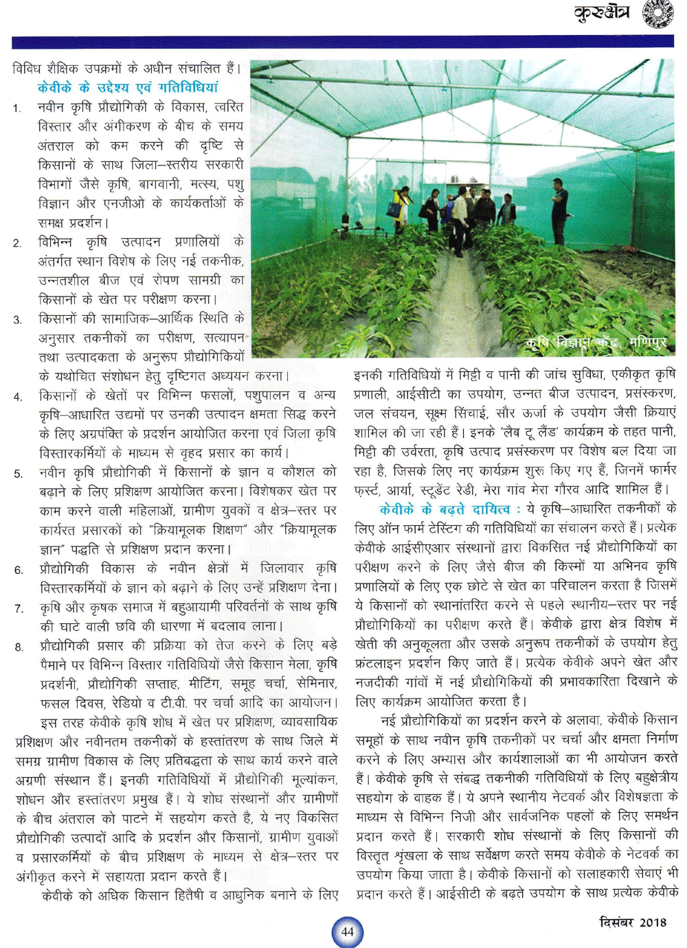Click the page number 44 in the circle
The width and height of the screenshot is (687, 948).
348,932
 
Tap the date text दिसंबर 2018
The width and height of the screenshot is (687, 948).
632,922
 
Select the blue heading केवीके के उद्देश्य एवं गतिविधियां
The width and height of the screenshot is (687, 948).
128,87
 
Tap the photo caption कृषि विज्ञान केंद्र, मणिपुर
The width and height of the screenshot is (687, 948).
596,342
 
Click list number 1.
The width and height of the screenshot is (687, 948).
17,108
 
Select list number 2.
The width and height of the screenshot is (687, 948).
17,243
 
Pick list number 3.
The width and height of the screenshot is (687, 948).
17,320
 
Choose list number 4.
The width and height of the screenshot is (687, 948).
17,397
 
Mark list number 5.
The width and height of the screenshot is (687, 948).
17,474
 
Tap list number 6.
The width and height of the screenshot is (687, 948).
17,570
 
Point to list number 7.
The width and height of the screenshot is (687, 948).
17,609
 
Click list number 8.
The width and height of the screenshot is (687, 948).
17,647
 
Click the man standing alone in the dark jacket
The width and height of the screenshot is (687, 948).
560,209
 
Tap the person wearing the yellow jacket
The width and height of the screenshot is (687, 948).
400,205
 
